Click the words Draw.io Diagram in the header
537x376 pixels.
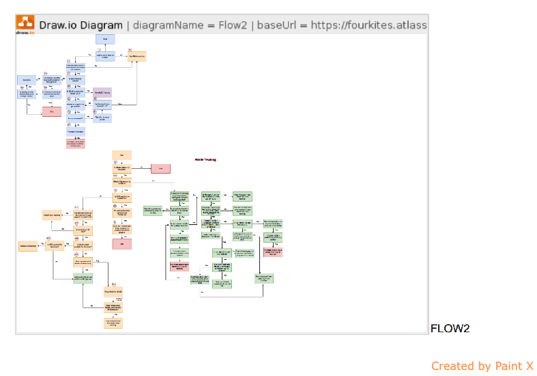pyautogui.click(x=83, y=25)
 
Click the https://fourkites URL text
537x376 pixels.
pyautogui.click(x=369, y=25)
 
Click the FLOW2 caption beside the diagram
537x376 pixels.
pyautogui.click(x=450, y=329)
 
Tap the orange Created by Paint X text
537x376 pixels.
pyautogui.click(x=482, y=366)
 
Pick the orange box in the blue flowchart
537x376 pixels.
pyautogui.click(x=136, y=56)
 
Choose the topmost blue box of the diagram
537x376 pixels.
pyautogui.click(x=105, y=40)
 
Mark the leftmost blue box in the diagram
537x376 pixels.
pyautogui.click(x=27, y=80)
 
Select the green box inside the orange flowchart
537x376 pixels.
pyautogui.click(x=83, y=278)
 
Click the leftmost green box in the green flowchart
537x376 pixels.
pyautogui.click(x=151, y=211)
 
